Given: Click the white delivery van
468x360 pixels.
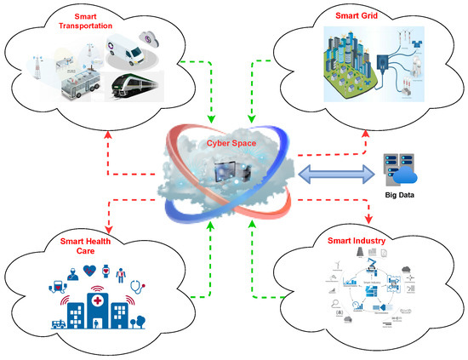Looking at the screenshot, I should (x=137, y=54).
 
